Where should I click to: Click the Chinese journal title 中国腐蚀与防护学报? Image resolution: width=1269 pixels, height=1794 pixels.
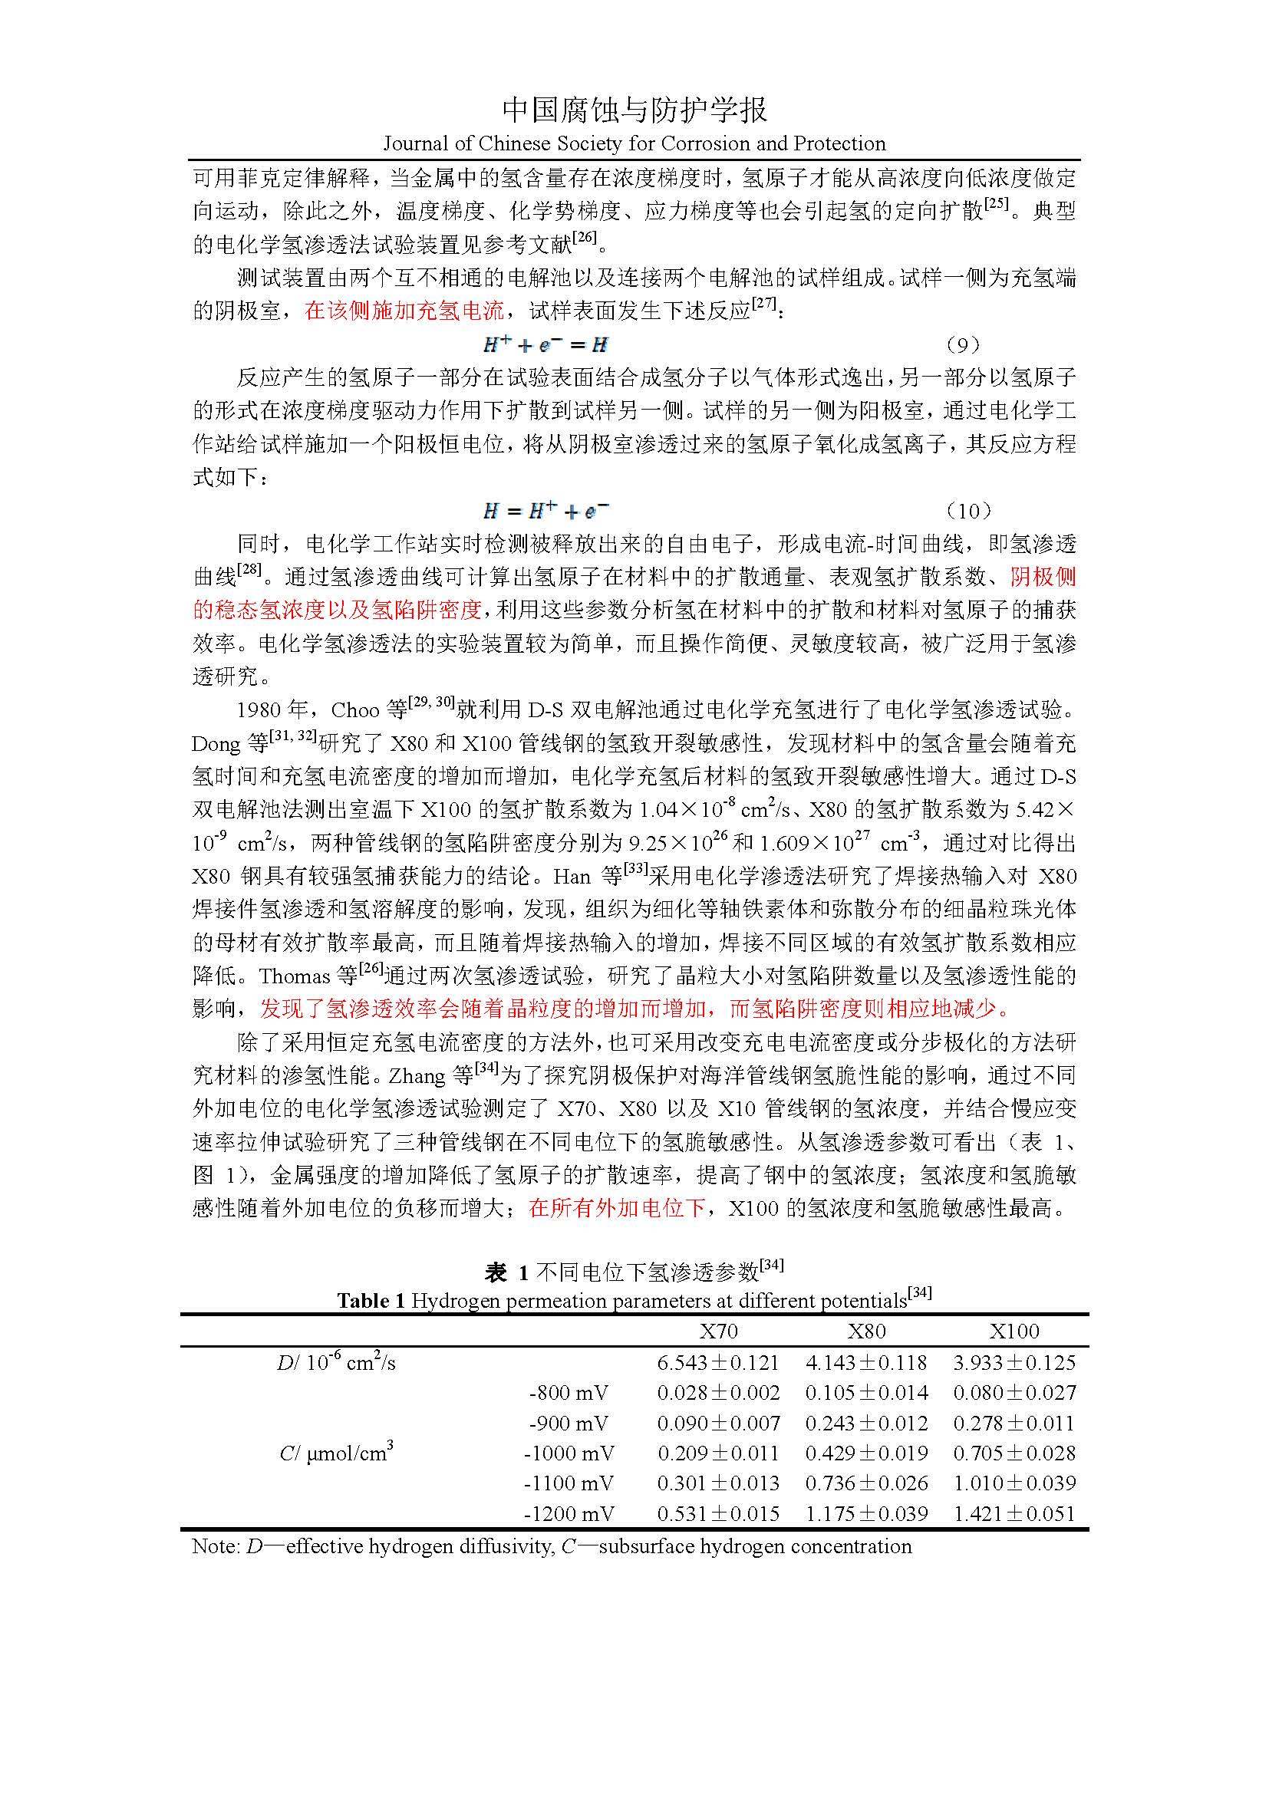click(x=634, y=110)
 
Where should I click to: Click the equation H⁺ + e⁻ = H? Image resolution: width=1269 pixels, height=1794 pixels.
click(x=546, y=344)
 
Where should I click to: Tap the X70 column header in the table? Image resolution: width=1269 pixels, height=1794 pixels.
click(x=718, y=1331)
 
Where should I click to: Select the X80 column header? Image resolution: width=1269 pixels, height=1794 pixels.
click(x=866, y=1331)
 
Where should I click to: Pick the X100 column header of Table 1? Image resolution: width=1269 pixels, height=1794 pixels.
click(x=1014, y=1331)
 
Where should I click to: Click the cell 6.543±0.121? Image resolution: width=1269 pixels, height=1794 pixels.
click(x=718, y=1363)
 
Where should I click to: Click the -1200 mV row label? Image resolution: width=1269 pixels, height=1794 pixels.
click(x=568, y=1513)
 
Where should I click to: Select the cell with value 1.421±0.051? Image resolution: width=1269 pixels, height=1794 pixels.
click(x=1014, y=1513)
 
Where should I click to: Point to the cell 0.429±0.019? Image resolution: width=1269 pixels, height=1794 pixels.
click(x=866, y=1453)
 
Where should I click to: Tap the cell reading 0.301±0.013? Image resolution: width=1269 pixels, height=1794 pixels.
click(x=718, y=1483)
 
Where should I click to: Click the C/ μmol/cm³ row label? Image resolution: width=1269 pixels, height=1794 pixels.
click(x=336, y=1453)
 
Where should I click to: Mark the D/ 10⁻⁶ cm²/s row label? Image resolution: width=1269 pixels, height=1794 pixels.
click(x=336, y=1363)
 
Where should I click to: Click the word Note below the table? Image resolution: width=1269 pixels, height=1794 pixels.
click(x=214, y=1546)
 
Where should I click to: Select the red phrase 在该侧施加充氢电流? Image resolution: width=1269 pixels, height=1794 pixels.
click(x=404, y=311)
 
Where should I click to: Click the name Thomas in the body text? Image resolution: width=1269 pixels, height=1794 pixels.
click(x=295, y=976)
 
